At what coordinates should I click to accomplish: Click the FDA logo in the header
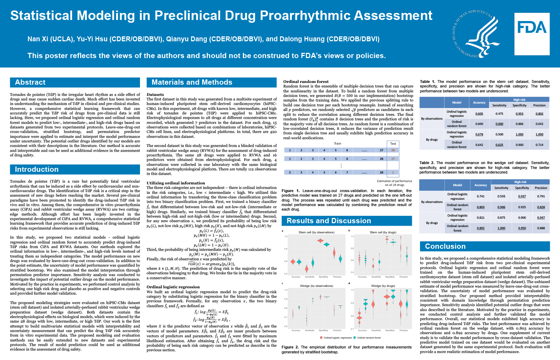[532, 34]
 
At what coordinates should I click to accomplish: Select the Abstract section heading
[30, 82]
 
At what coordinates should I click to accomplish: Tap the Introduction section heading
[36, 169]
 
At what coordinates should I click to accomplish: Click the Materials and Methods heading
[192, 82]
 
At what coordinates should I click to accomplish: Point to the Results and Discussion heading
[329, 221]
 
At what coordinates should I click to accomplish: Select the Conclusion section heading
[445, 246]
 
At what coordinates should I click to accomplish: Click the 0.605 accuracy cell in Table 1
[479, 114]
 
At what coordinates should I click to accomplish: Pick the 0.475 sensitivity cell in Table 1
[499, 114]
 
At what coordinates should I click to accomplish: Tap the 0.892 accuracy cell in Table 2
[481, 228]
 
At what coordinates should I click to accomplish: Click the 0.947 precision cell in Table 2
[541, 218]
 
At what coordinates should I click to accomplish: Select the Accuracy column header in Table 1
[479, 103]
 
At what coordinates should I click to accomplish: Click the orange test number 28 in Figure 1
[393, 150]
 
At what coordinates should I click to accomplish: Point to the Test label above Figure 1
[393, 143]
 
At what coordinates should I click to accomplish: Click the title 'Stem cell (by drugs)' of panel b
[383, 232]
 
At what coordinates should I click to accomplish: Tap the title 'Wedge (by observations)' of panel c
[316, 286]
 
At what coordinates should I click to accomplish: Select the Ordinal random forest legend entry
[369, 338]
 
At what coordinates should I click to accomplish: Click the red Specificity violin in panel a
[320, 241]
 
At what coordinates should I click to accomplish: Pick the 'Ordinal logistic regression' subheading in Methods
[173, 287]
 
